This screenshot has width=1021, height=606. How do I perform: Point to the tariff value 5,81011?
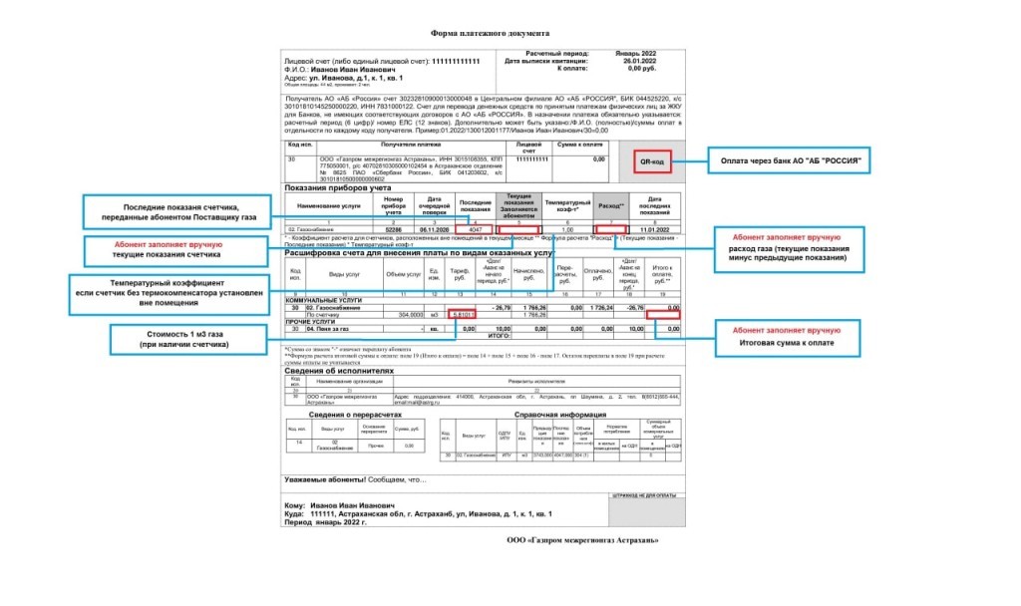click(x=464, y=316)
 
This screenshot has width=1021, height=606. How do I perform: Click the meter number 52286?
click(x=393, y=229)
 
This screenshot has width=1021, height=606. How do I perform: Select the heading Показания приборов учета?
click(x=338, y=187)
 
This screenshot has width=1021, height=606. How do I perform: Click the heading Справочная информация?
click(x=558, y=414)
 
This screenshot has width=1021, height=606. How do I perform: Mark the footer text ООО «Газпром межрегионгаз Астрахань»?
click(x=582, y=539)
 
